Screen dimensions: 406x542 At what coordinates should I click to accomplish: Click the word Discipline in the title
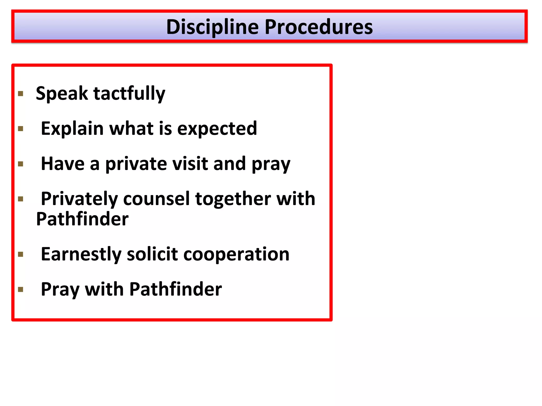(212, 27)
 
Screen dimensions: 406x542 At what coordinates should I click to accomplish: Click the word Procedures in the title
(319, 27)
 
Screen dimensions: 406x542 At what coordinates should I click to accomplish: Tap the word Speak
(62, 94)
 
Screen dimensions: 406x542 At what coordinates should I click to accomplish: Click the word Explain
(72, 129)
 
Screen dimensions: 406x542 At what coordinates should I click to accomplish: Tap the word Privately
(79, 199)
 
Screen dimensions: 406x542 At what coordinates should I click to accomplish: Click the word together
(233, 199)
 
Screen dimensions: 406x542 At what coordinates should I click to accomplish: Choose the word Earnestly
(81, 254)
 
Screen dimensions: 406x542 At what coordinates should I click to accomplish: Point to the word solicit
(152, 254)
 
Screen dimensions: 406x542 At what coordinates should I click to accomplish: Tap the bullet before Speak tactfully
(21, 94)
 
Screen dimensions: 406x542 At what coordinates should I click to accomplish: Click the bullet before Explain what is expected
(21, 129)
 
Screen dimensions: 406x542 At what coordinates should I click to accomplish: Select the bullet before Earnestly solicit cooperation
(21, 254)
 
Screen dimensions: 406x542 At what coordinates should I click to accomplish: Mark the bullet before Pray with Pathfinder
(21, 289)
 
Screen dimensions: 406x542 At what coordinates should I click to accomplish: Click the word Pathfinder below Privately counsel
(82, 219)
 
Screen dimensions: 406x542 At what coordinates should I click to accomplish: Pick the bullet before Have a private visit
(21, 164)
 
